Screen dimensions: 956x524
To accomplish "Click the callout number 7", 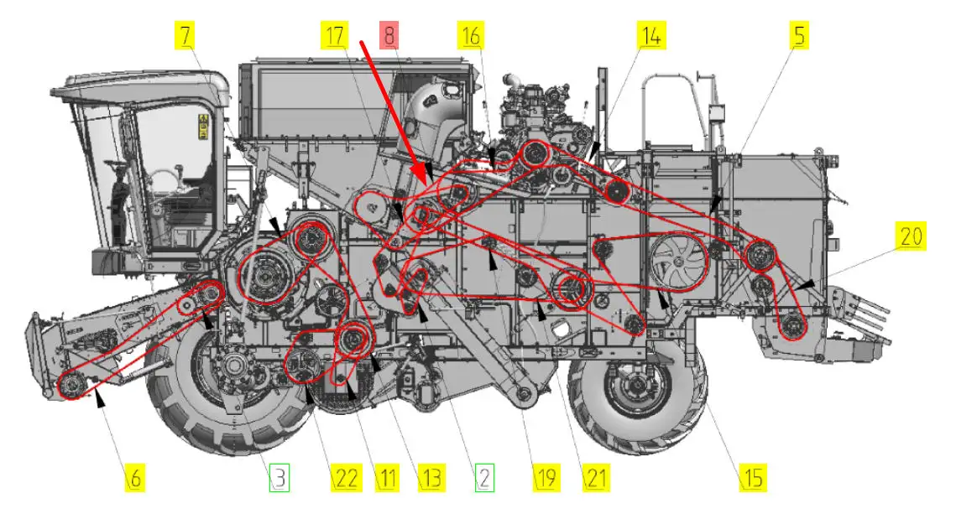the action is pos(186,35).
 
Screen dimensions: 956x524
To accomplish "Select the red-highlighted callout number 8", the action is pos(390,34).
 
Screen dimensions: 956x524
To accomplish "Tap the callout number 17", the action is pos(335,35).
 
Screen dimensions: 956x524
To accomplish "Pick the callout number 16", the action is pos(471,35).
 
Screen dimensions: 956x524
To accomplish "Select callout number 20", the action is pos(911,236).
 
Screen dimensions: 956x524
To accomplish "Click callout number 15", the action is pos(752,477).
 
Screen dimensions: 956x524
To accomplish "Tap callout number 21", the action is pos(596,477).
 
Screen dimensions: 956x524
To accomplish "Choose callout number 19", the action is pos(546,477).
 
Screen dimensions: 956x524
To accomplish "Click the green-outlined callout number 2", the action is pos(484,477).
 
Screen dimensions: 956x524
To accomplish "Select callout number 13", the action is pos(431,477).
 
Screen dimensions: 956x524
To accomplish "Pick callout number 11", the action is pos(387,477).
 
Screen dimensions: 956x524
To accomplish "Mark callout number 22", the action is pos(346,477).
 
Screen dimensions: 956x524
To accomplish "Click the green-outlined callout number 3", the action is pos(279,477).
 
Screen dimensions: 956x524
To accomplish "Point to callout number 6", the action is pos(135,477).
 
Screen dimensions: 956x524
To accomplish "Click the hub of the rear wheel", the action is pos(636,387).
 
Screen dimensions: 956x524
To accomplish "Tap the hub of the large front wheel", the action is pos(234,366).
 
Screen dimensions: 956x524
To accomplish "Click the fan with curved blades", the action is pos(679,262).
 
